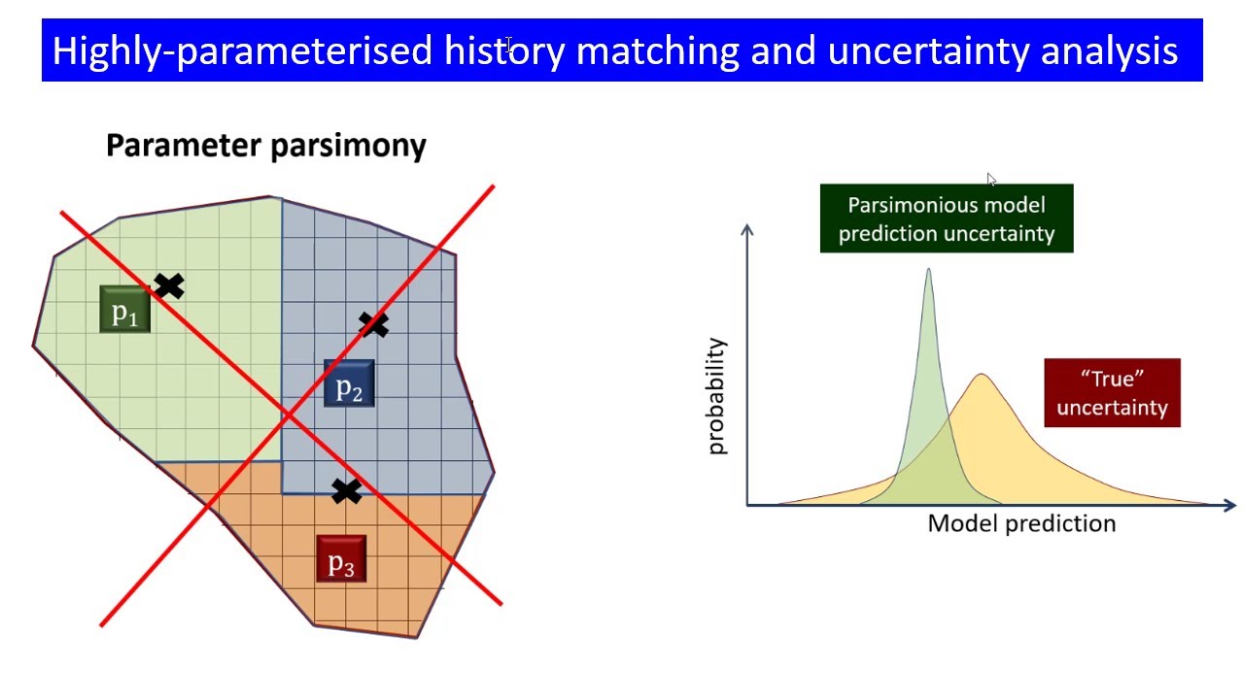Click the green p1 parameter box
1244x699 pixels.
[124, 310]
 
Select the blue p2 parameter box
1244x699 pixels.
[348, 384]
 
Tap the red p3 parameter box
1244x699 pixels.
[341, 559]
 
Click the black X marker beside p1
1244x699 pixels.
[168, 285]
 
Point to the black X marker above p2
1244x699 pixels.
[373, 324]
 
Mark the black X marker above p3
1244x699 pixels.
[346, 491]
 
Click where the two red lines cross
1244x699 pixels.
[289, 416]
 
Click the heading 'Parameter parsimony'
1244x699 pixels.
[265, 146]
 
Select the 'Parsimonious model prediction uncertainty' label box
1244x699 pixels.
[946, 218]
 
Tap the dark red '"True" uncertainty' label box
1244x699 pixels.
[1112, 393]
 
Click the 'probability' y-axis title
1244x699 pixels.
[716, 396]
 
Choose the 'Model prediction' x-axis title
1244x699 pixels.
[1021, 523]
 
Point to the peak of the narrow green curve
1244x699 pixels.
[928, 272]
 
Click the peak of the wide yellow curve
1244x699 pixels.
[982, 376]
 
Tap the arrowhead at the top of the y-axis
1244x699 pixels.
[746, 231]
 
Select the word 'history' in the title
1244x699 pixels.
[503, 50]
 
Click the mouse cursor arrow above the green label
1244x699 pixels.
[991, 181]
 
